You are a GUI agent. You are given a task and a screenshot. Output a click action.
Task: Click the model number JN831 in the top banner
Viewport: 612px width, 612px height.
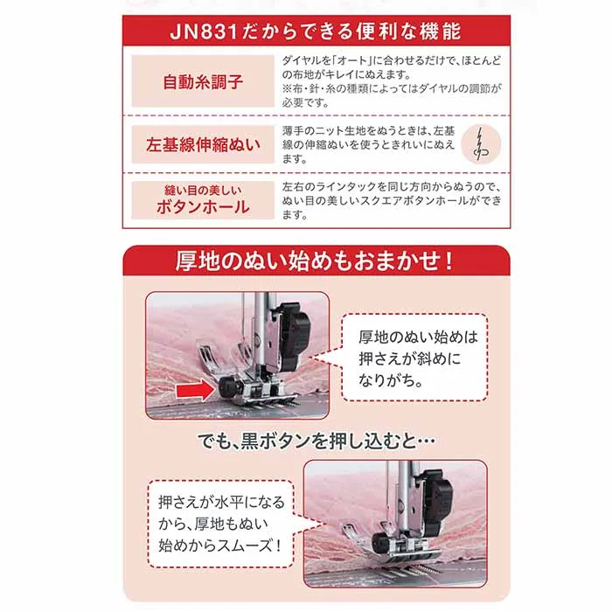click(x=204, y=31)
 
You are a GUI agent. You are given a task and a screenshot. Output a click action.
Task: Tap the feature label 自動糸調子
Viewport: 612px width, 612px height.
click(x=203, y=81)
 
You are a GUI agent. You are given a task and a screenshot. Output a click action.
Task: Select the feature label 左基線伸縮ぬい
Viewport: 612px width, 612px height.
click(x=203, y=145)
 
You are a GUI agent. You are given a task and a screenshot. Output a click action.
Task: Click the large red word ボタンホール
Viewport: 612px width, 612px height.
click(x=203, y=207)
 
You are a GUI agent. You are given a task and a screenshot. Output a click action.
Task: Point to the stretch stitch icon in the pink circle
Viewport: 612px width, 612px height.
click(x=481, y=144)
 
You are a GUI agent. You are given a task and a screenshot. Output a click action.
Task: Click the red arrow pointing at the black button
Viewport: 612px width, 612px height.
click(x=196, y=391)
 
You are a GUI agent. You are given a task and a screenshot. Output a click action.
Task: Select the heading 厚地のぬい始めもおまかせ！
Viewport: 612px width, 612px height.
click(x=315, y=261)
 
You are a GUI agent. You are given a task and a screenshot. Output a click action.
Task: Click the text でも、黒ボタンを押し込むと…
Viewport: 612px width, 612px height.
click(x=316, y=441)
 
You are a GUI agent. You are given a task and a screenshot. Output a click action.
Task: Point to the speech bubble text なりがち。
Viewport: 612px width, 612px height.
click(x=391, y=380)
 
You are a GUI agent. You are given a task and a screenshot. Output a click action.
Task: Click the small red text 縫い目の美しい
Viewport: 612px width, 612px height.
click(x=203, y=191)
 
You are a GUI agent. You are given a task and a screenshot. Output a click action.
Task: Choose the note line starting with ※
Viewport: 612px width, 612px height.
click(x=392, y=88)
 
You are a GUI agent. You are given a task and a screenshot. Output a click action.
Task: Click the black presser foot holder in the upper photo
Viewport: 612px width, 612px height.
click(x=291, y=335)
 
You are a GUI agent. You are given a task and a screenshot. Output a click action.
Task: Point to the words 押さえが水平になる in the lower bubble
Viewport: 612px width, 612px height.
click(x=221, y=502)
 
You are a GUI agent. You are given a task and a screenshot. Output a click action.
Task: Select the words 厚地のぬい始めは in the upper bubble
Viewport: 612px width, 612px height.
click(x=418, y=337)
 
